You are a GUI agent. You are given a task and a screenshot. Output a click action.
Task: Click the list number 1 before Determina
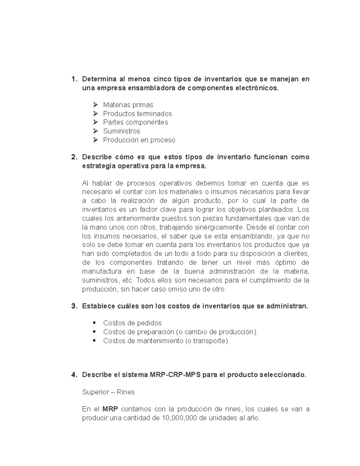[73, 79]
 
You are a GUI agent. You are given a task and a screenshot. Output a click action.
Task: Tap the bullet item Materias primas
[128, 105]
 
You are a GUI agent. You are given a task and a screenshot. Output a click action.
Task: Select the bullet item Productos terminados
[137, 114]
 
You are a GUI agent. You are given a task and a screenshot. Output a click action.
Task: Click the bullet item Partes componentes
[135, 122]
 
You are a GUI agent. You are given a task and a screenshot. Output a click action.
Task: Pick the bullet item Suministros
[121, 131]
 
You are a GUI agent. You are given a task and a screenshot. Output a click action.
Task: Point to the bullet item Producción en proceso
[139, 140]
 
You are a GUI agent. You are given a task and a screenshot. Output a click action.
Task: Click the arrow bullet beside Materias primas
[95, 105]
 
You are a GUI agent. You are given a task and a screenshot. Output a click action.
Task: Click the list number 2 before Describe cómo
[73, 157]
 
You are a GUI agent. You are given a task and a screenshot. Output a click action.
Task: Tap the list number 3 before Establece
[73, 306]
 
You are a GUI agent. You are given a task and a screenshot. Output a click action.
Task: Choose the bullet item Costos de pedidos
[132, 323]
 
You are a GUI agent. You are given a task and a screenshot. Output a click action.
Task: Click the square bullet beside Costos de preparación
[94, 332]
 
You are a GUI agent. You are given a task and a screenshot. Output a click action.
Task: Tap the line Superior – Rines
[108, 392]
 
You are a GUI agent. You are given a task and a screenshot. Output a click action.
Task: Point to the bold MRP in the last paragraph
[110, 409]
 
